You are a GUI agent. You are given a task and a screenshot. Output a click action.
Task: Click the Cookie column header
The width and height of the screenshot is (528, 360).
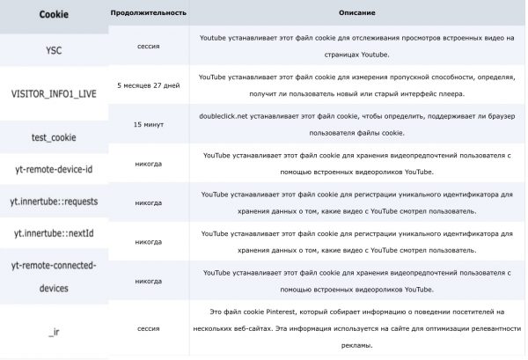(x=53, y=15)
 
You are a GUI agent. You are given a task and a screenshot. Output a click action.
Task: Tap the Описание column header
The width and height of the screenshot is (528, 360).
(x=356, y=15)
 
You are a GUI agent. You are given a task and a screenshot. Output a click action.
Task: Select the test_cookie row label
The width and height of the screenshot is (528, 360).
(x=53, y=137)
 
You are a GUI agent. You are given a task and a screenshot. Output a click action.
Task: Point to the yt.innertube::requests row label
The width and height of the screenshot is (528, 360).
(x=53, y=202)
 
